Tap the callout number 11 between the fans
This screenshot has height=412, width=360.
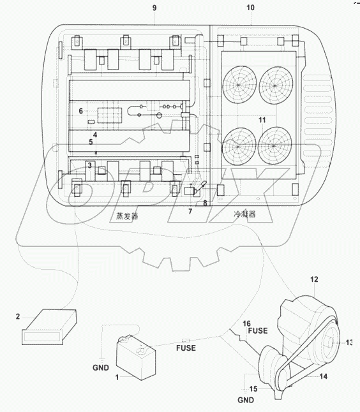point(262,120)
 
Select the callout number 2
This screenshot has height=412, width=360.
point(18,316)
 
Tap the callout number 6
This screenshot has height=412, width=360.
point(81,111)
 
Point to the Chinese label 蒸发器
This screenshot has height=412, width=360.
point(123,216)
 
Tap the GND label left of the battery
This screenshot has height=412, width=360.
point(100,368)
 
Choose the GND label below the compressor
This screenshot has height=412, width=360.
point(245,400)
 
